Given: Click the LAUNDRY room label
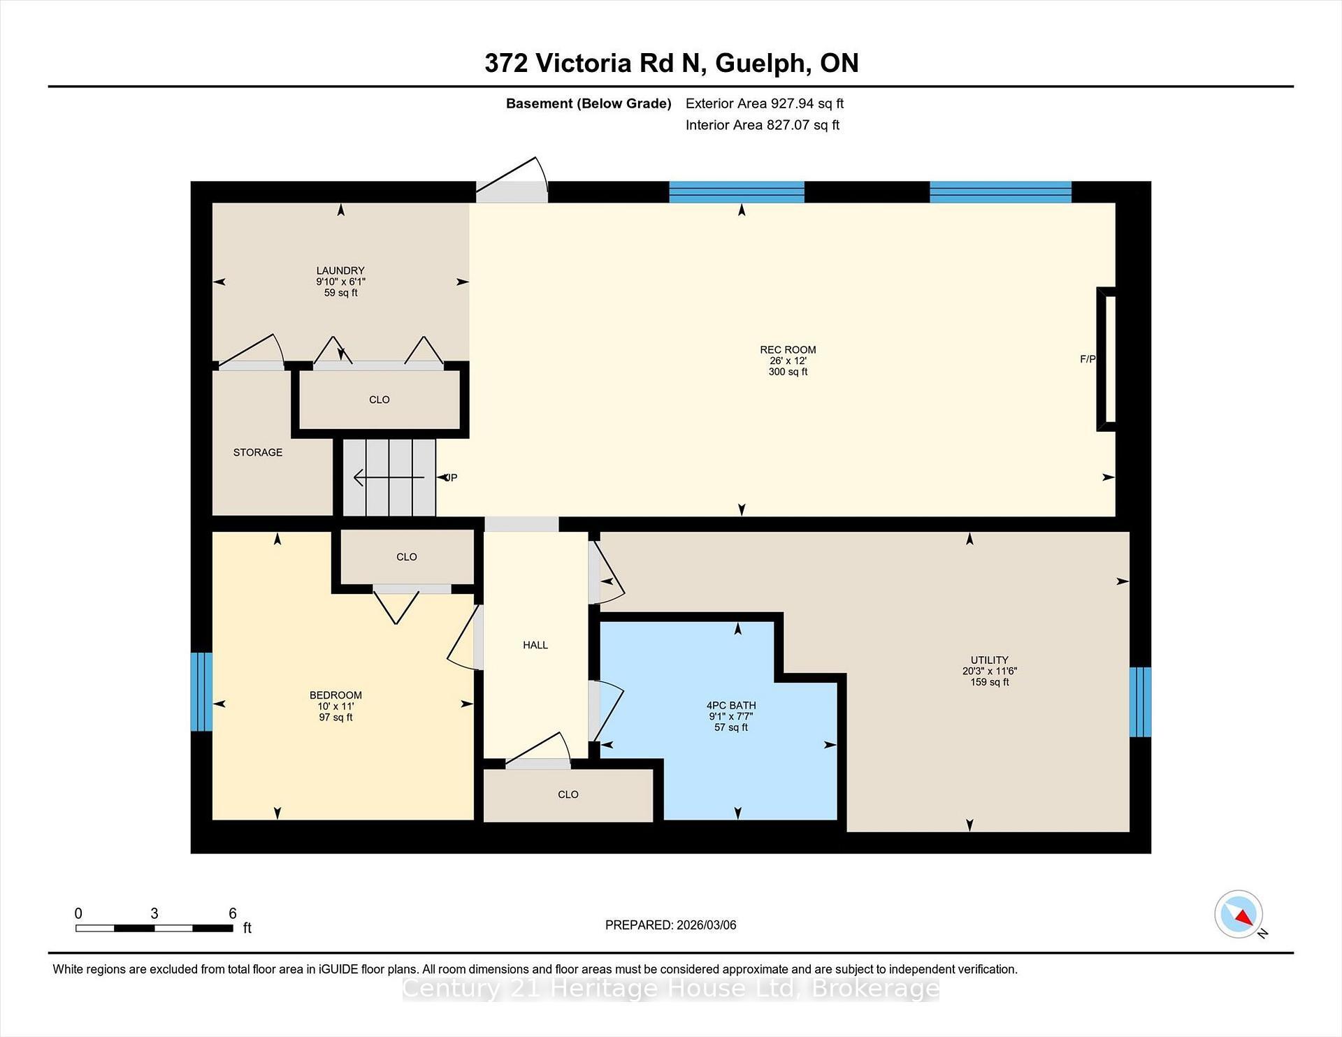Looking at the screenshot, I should pyautogui.click(x=340, y=270).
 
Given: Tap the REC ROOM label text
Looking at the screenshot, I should pyautogui.click(x=788, y=350).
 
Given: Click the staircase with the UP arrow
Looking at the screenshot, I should pyautogui.click(x=389, y=477).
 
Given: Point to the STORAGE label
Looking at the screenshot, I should pyautogui.click(x=258, y=452).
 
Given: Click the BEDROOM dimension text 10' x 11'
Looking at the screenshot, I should pyautogui.click(x=335, y=706).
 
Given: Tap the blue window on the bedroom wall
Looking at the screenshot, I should pyautogui.click(x=201, y=691).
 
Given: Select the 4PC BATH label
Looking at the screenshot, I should pyautogui.click(x=731, y=706).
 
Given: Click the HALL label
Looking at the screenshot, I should pyautogui.click(x=535, y=645).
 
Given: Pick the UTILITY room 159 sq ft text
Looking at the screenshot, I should pyautogui.click(x=989, y=682).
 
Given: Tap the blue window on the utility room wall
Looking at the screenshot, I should pyautogui.click(x=1140, y=702).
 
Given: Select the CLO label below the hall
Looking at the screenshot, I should pyautogui.click(x=568, y=795).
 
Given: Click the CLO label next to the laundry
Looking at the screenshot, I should pyautogui.click(x=380, y=400).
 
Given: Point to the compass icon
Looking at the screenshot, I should pyautogui.click(x=1239, y=914).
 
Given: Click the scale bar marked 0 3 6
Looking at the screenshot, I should pyautogui.click(x=154, y=928).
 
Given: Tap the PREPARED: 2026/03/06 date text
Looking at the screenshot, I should pyautogui.click(x=670, y=925).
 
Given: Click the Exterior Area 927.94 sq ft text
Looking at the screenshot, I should pyautogui.click(x=764, y=103).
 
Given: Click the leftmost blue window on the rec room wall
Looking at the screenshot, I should pyautogui.click(x=737, y=192).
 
